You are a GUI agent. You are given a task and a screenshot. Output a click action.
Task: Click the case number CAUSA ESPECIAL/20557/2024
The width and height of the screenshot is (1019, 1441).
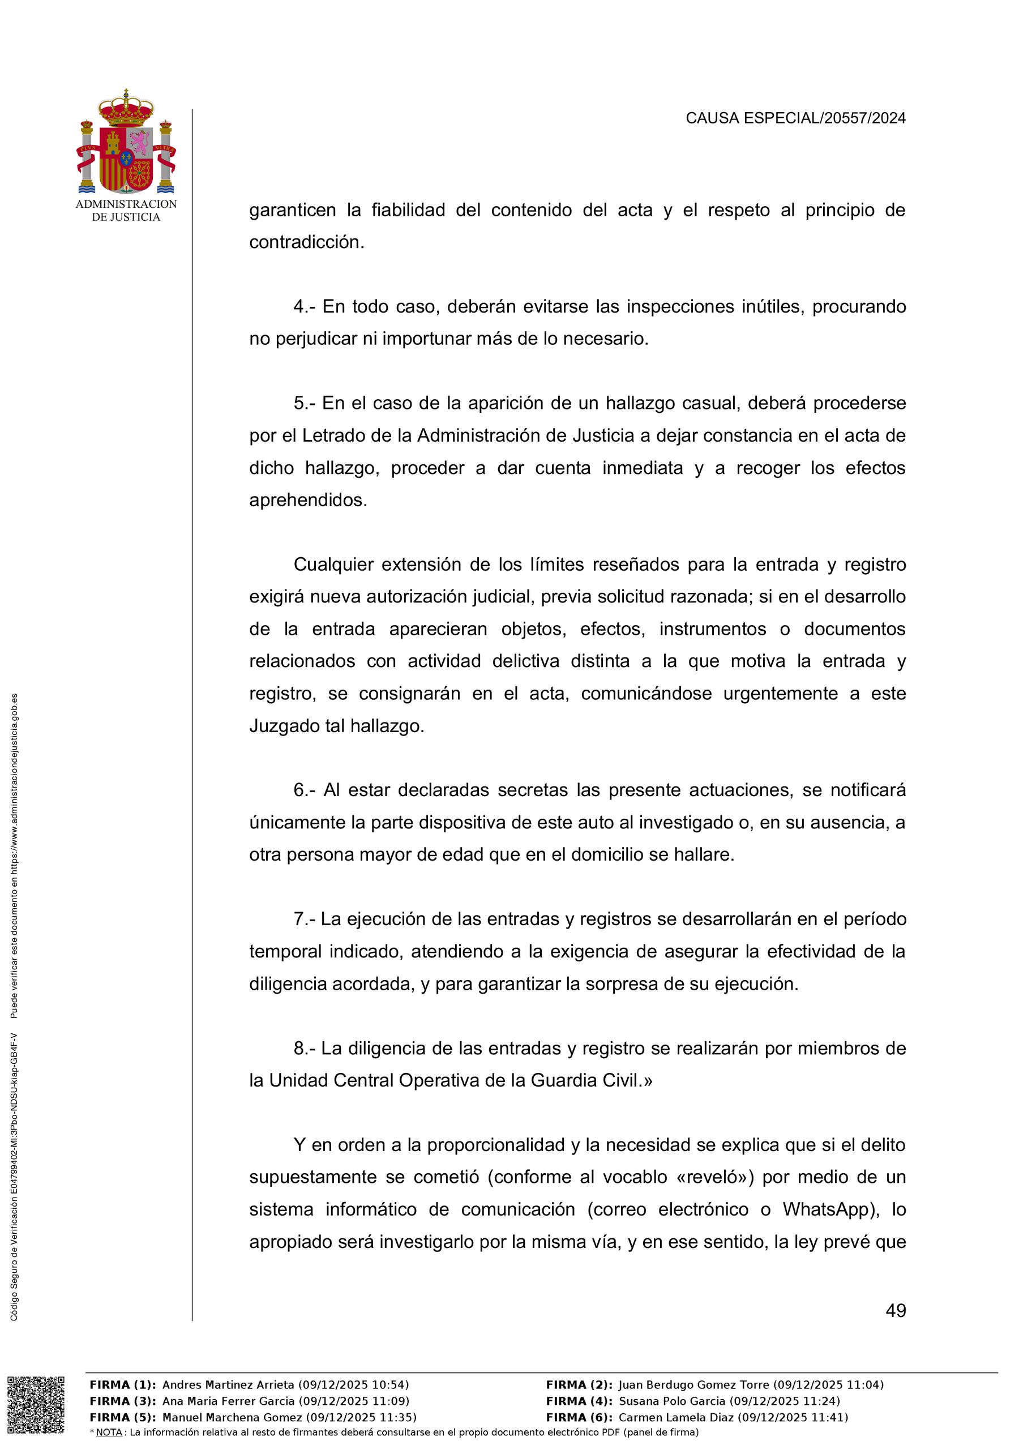click(x=795, y=118)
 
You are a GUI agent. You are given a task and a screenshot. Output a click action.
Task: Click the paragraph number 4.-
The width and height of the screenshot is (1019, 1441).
click(x=306, y=307)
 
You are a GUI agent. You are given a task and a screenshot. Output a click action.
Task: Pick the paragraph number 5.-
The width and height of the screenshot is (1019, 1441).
click(x=306, y=403)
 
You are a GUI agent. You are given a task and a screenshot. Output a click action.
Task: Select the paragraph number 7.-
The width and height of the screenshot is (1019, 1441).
click(x=305, y=919)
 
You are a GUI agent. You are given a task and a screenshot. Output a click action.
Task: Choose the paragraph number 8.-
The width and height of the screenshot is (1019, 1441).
click(x=306, y=1048)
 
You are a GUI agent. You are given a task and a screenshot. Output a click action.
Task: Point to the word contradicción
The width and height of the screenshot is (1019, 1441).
click(x=306, y=242)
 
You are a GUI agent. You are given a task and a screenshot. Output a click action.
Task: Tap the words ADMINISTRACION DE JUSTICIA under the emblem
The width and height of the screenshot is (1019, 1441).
click(x=126, y=210)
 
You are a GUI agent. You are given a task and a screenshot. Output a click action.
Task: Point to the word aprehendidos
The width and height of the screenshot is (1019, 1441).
click(x=307, y=500)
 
